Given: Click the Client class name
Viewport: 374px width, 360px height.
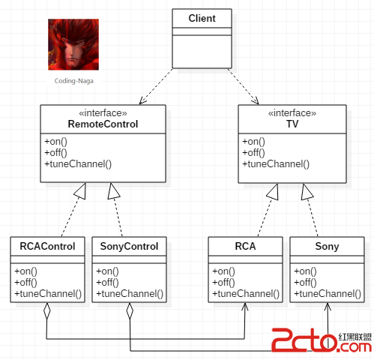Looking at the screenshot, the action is tap(202, 18).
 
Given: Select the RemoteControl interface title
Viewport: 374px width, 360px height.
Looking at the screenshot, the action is tap(103, 124).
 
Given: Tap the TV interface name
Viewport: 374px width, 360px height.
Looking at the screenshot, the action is tap(292, 124).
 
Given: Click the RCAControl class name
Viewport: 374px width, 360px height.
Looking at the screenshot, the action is tap(47, 246).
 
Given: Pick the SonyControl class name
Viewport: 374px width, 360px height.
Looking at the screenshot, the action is tap(129, 247).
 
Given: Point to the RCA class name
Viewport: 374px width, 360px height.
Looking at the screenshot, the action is tap(245, 246).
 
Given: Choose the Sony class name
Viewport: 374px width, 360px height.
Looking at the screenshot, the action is tap(327, 247).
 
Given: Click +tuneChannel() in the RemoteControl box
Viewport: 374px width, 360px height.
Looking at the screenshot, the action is tap(78, 164).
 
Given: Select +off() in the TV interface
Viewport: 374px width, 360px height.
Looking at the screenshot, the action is tap(253, 152).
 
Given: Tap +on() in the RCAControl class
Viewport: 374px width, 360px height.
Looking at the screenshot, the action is tap(25, 271).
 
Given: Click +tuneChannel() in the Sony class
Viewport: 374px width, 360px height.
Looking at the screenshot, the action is tap(328, 293).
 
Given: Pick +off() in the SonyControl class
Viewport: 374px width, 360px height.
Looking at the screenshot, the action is tap(107, 282).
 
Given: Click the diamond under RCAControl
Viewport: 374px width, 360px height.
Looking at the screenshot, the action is tap(46, 311).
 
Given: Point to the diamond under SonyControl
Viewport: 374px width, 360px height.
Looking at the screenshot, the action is tap(130, 311).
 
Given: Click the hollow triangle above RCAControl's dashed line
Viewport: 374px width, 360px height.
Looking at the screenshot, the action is tap(81, 192).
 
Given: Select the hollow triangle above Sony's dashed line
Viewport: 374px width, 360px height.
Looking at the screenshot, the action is tap(307, 193).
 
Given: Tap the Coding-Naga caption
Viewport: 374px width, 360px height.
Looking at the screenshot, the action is tap(74, 81).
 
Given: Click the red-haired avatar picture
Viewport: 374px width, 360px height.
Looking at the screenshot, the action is tap(73, 44).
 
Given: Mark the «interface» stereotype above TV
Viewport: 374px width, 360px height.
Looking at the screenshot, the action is tap(292, 113).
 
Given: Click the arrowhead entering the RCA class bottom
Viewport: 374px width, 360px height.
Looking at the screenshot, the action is tap(245, 307).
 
